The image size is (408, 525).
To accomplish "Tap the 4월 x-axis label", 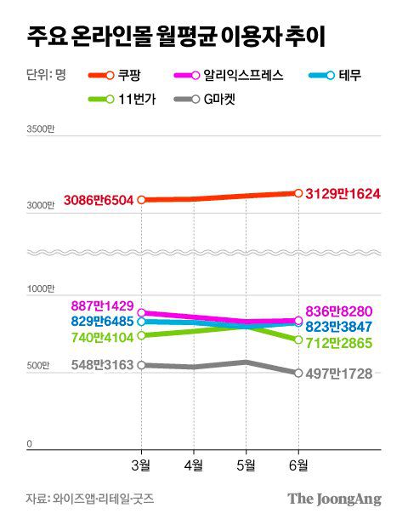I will (x=193, y=465).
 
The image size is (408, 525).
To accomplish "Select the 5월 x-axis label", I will (x=246, y=465).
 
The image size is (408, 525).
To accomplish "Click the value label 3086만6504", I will (x=98, y=201).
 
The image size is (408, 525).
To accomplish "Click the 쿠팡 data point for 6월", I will (x=298, y=193).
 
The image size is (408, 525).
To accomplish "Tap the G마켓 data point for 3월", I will (x=141, y=365).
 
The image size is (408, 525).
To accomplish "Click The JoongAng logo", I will (x=333, y=499).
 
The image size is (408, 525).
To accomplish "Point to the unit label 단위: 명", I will (x=41, y=75).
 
